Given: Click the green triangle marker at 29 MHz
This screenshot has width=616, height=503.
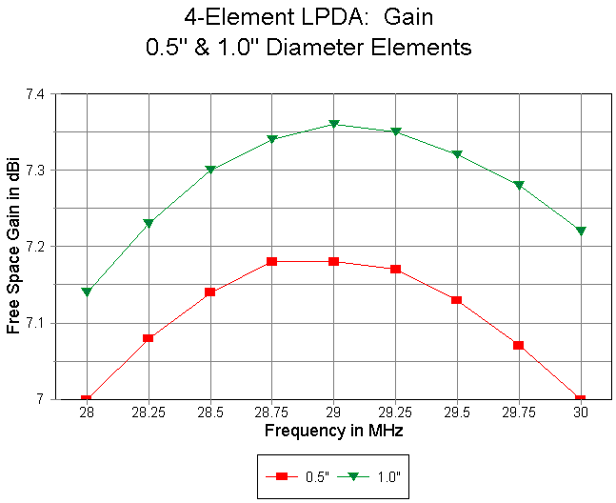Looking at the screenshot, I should click(x=333, y=124).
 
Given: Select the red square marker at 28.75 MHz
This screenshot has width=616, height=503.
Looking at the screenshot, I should click(x=271, y=261).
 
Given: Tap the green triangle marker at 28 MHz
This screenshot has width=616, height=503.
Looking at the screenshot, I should click(x=87, y=292).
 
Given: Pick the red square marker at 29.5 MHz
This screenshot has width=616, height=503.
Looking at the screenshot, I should click(x=457, y=300).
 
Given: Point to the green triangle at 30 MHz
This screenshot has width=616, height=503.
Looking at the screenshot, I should click(x=581, y=231).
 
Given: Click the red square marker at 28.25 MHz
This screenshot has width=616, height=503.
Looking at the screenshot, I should click(x=149, y=338).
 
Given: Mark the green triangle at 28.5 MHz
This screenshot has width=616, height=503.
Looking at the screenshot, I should click(x=210, y=170).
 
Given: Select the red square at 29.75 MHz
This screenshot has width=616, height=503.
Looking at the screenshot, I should click(x=519, y=345).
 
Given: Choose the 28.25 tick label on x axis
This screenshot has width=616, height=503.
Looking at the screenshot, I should click(x=148, y=414).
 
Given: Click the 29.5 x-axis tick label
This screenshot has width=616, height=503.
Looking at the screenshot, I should click(x=457, y=414).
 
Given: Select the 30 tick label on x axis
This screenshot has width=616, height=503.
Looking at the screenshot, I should click(x=581, y=414).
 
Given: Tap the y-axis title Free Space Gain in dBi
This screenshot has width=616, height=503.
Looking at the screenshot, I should click(x=13, y=246).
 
